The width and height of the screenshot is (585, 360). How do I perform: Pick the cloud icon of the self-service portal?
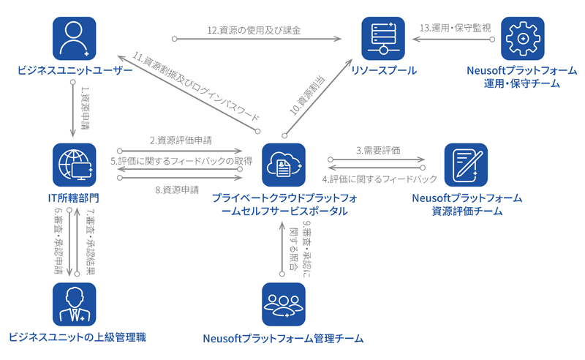point(284,165)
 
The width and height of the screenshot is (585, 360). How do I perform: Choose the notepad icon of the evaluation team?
point(467,165)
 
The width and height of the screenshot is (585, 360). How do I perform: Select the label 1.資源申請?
point(85,105)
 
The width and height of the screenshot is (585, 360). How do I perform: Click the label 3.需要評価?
point(378,150)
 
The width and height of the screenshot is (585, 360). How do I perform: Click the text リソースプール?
point(384,71)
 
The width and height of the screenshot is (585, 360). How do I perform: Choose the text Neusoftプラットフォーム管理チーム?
point(284,338)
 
